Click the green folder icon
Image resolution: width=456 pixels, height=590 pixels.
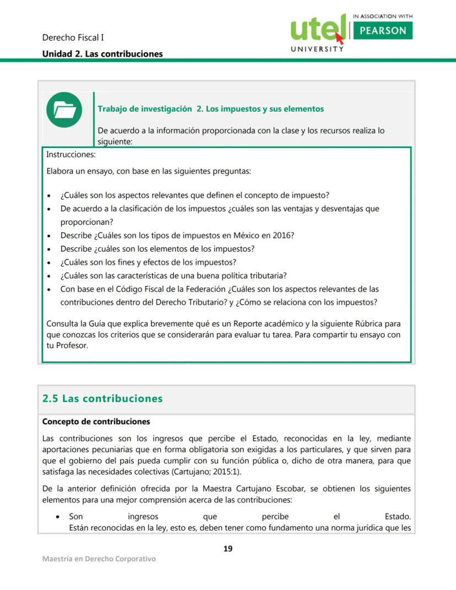pos(64,110)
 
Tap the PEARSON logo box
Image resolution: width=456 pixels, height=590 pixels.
pos(382,30)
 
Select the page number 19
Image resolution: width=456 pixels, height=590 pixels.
pos(228,548)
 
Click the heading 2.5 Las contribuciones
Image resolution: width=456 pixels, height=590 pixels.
pos(102,398)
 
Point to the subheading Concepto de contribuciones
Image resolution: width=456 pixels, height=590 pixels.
pos(96,421)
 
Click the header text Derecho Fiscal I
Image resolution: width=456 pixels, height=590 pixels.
pos(73,37)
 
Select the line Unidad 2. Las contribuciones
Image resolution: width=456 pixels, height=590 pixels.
pos(102,54)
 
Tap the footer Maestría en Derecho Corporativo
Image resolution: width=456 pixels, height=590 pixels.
pos(99,559)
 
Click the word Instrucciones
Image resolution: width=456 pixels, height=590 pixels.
pos(71,155)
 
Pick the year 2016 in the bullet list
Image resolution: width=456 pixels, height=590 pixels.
pos(281,235)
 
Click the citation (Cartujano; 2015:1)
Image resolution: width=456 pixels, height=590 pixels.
pos(205,472)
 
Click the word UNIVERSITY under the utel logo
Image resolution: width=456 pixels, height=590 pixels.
pos(317,48)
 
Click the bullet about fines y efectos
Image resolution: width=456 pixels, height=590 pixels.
pos(148,262)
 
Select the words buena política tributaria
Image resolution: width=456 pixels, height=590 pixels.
pos(243,275)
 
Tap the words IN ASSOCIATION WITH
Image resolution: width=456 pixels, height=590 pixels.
pos(382,17)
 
